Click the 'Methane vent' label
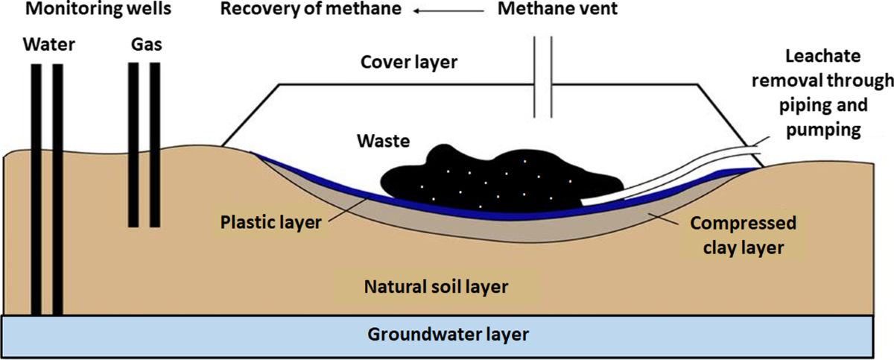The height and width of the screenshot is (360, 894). click(550, 10)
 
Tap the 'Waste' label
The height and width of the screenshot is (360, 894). click(382, 140)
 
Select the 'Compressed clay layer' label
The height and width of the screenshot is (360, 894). click(741, 235)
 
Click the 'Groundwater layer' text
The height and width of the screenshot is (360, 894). click(448, 333)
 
